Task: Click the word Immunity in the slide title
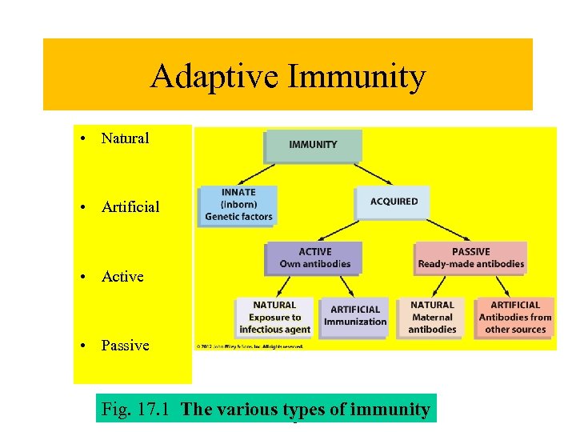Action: [357, 78]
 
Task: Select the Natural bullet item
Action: [125, 138]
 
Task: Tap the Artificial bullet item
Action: [130, 207]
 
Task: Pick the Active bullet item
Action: [122, 277]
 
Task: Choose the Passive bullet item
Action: [125, 346]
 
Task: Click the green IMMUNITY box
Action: [313, 145]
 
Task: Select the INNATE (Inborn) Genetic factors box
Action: [238, 205]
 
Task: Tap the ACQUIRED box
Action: [394, 202]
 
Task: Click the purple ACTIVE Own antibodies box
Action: [314, 258]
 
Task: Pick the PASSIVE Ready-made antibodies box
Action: [471, 258]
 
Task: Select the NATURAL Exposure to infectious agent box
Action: [274, 317]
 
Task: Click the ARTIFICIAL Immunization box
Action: [354, 316]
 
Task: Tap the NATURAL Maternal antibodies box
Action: [432, 317]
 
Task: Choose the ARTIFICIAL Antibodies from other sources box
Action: [515, 317]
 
